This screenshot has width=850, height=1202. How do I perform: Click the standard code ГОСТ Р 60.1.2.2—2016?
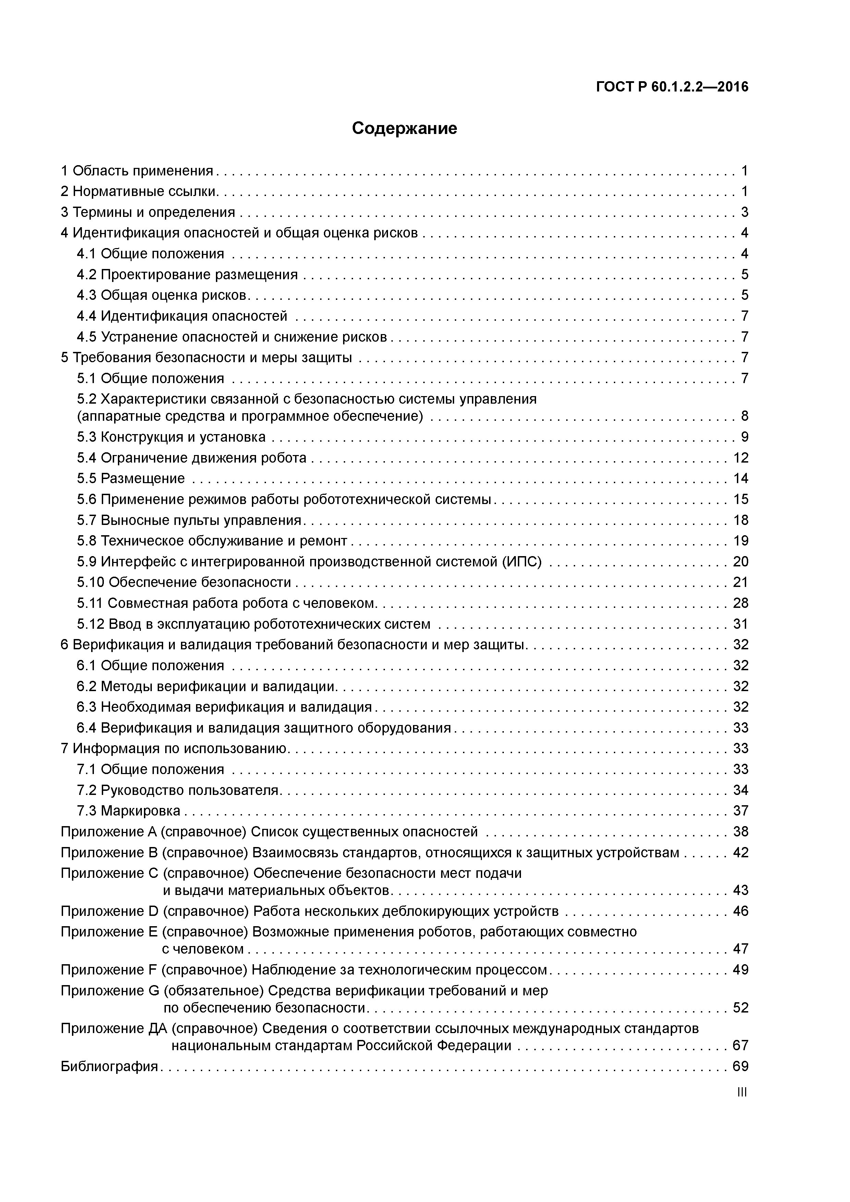(x=672, y=87)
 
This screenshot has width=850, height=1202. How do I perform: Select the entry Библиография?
(x=109, y=1066)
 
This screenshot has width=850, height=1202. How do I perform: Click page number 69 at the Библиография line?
(x=741, y=1066)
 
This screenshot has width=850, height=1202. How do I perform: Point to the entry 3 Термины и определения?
(x=148, y=212)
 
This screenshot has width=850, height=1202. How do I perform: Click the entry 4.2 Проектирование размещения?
(x=187, y=274)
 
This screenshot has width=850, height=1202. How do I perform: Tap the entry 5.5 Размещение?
(x=131, y=478)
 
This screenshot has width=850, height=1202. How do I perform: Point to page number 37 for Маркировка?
(x=741, y=811)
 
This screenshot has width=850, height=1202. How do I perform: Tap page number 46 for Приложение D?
(x=741, y=911)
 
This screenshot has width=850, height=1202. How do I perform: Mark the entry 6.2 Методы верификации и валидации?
(x=207, y=686)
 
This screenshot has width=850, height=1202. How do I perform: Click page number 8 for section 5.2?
(x=744, y=416)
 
